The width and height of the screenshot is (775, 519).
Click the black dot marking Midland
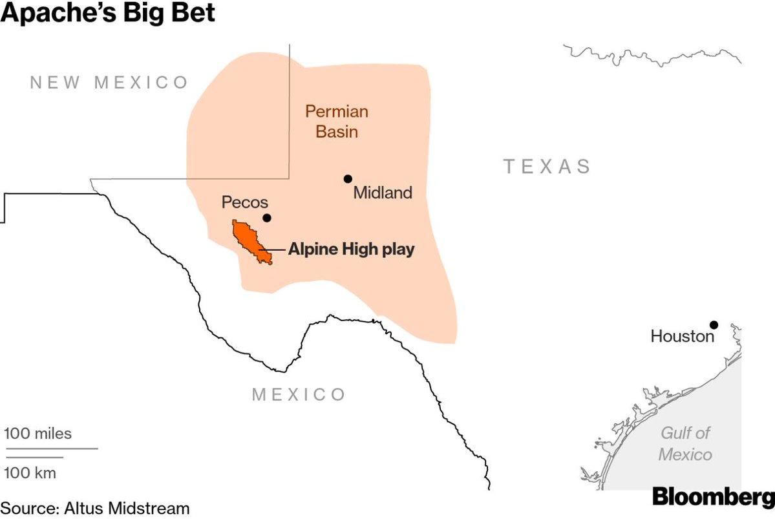tap(348, 178)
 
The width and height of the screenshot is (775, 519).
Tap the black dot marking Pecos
tap(267, 218)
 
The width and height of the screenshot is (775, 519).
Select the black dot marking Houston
tap(714, 324)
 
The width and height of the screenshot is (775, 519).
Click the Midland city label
tap(383, 193)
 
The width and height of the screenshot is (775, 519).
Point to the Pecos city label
tap(245, 202)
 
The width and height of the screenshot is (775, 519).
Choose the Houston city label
tap(683, 336)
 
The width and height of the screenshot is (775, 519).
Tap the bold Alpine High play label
tap(351, 249)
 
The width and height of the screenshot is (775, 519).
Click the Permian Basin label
tap(337, 122)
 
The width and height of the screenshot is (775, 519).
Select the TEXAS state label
tap(547, 166)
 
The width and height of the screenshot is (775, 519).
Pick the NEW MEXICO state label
tap(109, 82)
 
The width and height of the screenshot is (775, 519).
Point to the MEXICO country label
tap(299, 394)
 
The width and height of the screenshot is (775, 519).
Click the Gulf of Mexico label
tap(685, 443)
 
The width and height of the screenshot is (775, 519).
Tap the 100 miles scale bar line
tap(51, 448)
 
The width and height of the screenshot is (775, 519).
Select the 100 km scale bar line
tap(34, 458)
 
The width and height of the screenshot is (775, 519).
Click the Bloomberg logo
tap(713, 497)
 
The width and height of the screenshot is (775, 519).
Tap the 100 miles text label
tap(38, 433)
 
